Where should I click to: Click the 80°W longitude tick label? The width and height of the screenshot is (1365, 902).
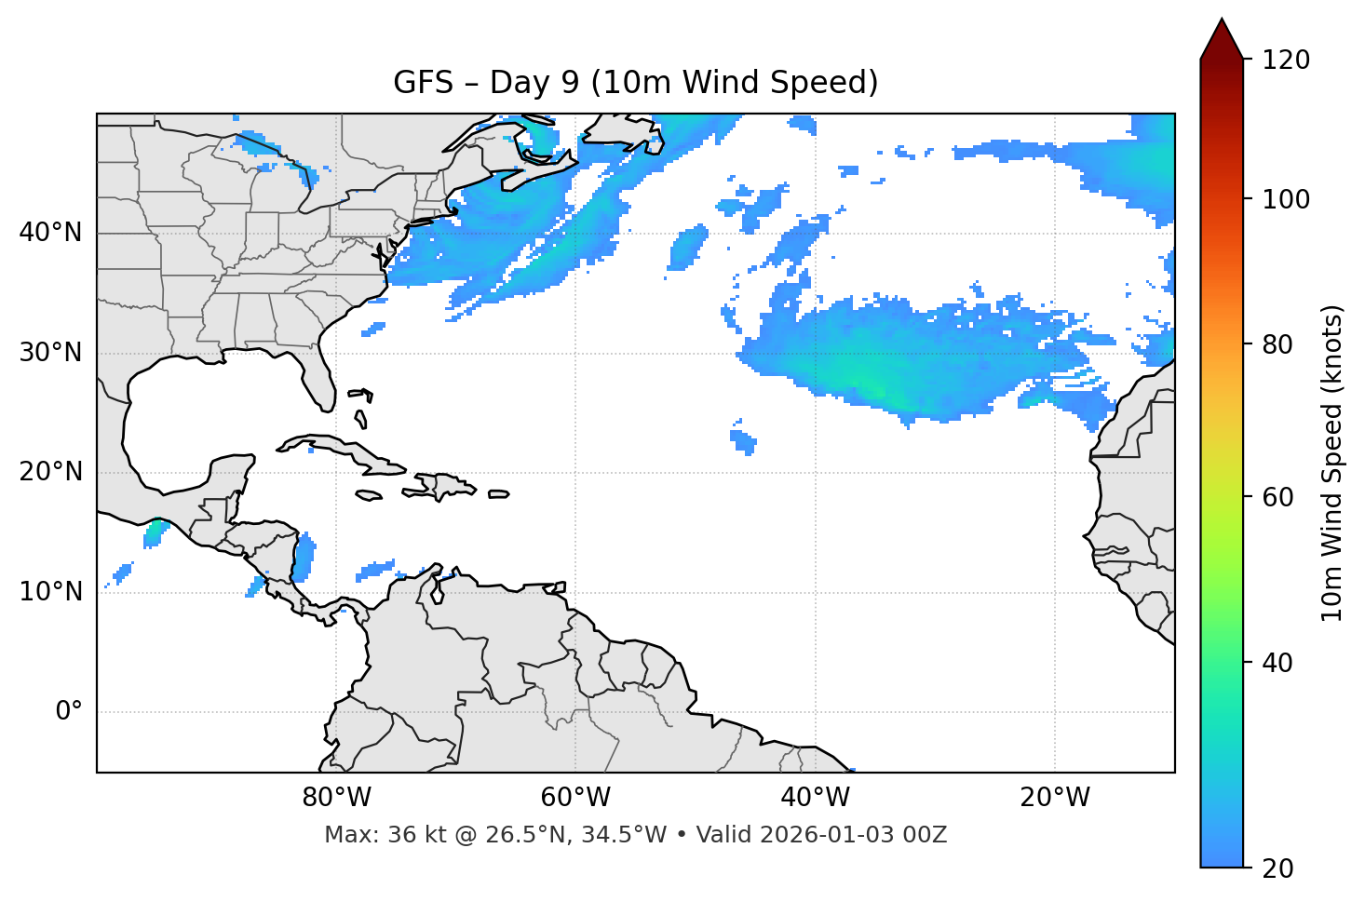[x=336, y=798]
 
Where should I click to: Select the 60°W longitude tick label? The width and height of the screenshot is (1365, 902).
[x=575, y=798]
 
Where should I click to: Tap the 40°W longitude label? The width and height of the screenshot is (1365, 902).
[x=815, y=798]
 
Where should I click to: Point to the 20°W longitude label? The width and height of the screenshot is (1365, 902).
[x=1054, y=798]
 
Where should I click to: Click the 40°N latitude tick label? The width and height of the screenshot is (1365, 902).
[x=50, y=233]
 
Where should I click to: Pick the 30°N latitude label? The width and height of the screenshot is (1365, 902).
[x=50, y=353]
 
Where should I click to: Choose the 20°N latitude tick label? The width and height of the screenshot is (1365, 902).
[x=50, y=472]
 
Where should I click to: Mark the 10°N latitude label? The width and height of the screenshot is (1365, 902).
[x=50, y=592]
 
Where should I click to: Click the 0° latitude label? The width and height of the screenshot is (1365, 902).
[x=69, y=712]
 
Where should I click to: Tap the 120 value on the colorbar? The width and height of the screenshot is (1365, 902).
[x=1286, y=61]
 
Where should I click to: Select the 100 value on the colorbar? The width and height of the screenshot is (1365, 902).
[x=1286, y=199]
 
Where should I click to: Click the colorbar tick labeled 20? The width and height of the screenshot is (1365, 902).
[x=1277, y=868]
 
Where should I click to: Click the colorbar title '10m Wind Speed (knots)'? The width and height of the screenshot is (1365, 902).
[x=1332, y=463]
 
